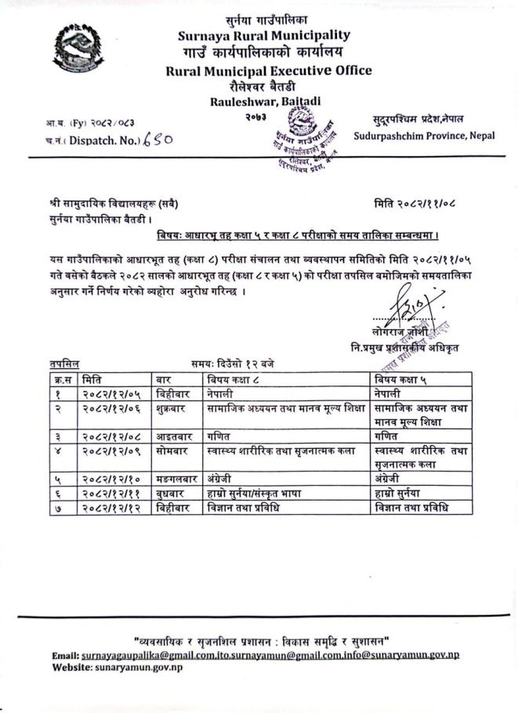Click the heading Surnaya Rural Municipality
pos(263,34)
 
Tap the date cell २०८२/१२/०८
pos(111,436)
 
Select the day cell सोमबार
pos(173,451)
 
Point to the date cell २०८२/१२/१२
pos(111,508)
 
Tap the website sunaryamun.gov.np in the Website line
pos(139,667)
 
